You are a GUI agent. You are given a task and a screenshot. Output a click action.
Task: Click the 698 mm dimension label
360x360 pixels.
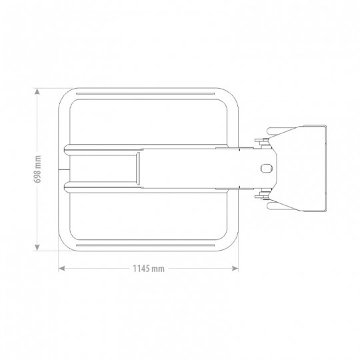tap(37, 169)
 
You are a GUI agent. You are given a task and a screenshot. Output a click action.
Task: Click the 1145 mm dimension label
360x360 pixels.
tap(149, 269)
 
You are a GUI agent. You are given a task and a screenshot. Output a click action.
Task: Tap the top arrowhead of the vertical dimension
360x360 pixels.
tap(37, 91)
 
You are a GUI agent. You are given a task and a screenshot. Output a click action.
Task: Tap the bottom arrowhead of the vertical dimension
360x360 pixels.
tap(37, 247)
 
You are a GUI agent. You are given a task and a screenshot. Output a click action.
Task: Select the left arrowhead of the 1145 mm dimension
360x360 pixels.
tap(61, 269)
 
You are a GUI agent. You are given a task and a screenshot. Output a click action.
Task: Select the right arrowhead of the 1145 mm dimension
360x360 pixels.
tap(235, 269)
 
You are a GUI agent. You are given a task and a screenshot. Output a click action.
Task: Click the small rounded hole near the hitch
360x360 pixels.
tap(266, 168)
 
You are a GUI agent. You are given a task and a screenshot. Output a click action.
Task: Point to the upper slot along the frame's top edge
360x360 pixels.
tap(145, 94)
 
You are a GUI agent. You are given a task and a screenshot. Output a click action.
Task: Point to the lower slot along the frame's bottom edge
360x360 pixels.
tap(145, 245)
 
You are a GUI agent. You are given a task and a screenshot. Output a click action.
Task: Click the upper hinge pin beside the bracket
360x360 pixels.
tap(262, 141)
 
